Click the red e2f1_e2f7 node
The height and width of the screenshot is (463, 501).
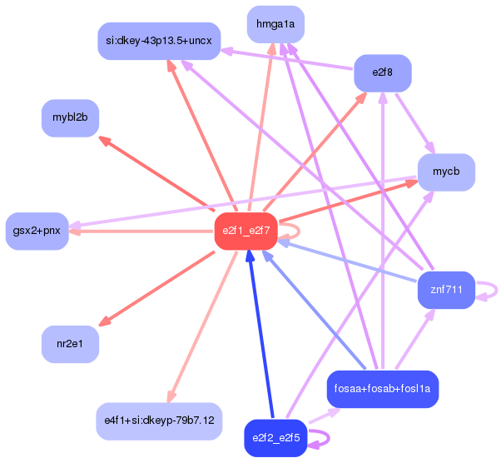246,231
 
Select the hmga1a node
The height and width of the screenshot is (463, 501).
275,24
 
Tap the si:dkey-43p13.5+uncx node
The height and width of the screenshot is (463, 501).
158,41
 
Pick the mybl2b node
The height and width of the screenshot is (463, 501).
71,117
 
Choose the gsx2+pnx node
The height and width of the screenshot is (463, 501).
37,231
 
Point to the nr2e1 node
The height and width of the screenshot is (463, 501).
71,344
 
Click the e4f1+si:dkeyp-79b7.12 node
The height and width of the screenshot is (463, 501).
159,421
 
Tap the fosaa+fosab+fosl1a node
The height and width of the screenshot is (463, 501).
383,389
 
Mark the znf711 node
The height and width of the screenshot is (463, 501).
446,290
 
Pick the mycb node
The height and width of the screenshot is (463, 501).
446,172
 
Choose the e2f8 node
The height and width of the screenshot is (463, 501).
383,73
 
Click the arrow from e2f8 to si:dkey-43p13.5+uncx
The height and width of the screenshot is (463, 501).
288,60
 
